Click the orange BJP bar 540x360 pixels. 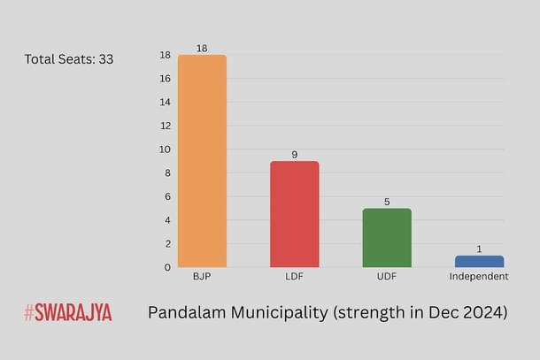202,161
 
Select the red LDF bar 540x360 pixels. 294,214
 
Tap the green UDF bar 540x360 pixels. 387,237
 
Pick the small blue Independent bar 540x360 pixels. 479,262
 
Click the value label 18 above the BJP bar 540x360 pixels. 202,49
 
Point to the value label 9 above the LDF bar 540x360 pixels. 294,155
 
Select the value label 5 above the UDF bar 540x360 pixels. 387,202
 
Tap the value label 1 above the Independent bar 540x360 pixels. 479,249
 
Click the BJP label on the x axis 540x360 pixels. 202,277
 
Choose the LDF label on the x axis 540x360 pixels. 294,277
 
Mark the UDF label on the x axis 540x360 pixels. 387,277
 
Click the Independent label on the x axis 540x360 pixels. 479,277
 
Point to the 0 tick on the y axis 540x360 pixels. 166,267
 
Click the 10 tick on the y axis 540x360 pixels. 164,149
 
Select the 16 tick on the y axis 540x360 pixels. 164,79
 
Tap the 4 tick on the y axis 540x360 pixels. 166,220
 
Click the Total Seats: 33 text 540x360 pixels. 68,60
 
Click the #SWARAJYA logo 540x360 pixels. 68,312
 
